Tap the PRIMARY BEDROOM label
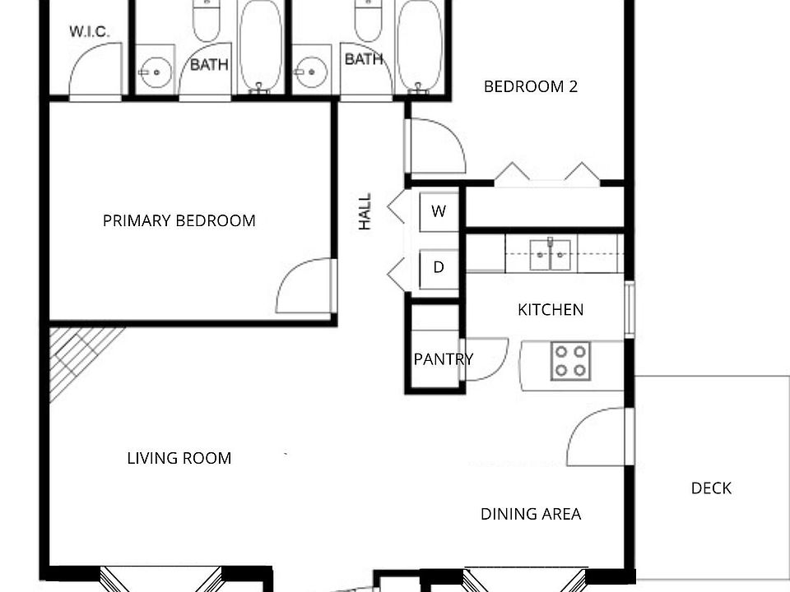[x=179, y=220]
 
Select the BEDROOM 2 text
[x=530, y=86]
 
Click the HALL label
[x=365, y=211]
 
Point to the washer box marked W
[x=439, y=211]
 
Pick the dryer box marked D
[x=439, y=267]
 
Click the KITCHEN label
[x=551, y=310]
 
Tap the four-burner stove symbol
[x=570, y=360]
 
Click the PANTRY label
[x=443, y=359]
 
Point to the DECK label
[x=711, y=488]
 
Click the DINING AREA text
[x=531, y=515]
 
